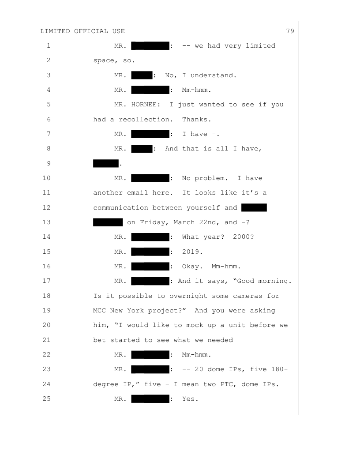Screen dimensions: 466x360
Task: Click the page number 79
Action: tap(290, 31)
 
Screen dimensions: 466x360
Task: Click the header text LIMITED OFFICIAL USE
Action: tap(82, 31)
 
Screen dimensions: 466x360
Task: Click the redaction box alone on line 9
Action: tap(106, 163)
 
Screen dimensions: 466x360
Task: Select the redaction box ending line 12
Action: tap(254, 207)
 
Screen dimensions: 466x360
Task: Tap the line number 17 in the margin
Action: tap(48, 281)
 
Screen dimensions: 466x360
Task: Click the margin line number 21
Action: tap(48, 340)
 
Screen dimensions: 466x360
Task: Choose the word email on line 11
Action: tap(138, 193)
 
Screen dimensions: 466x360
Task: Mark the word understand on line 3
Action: tap(214, 75)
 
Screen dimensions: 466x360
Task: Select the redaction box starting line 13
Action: tap(108, 222)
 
